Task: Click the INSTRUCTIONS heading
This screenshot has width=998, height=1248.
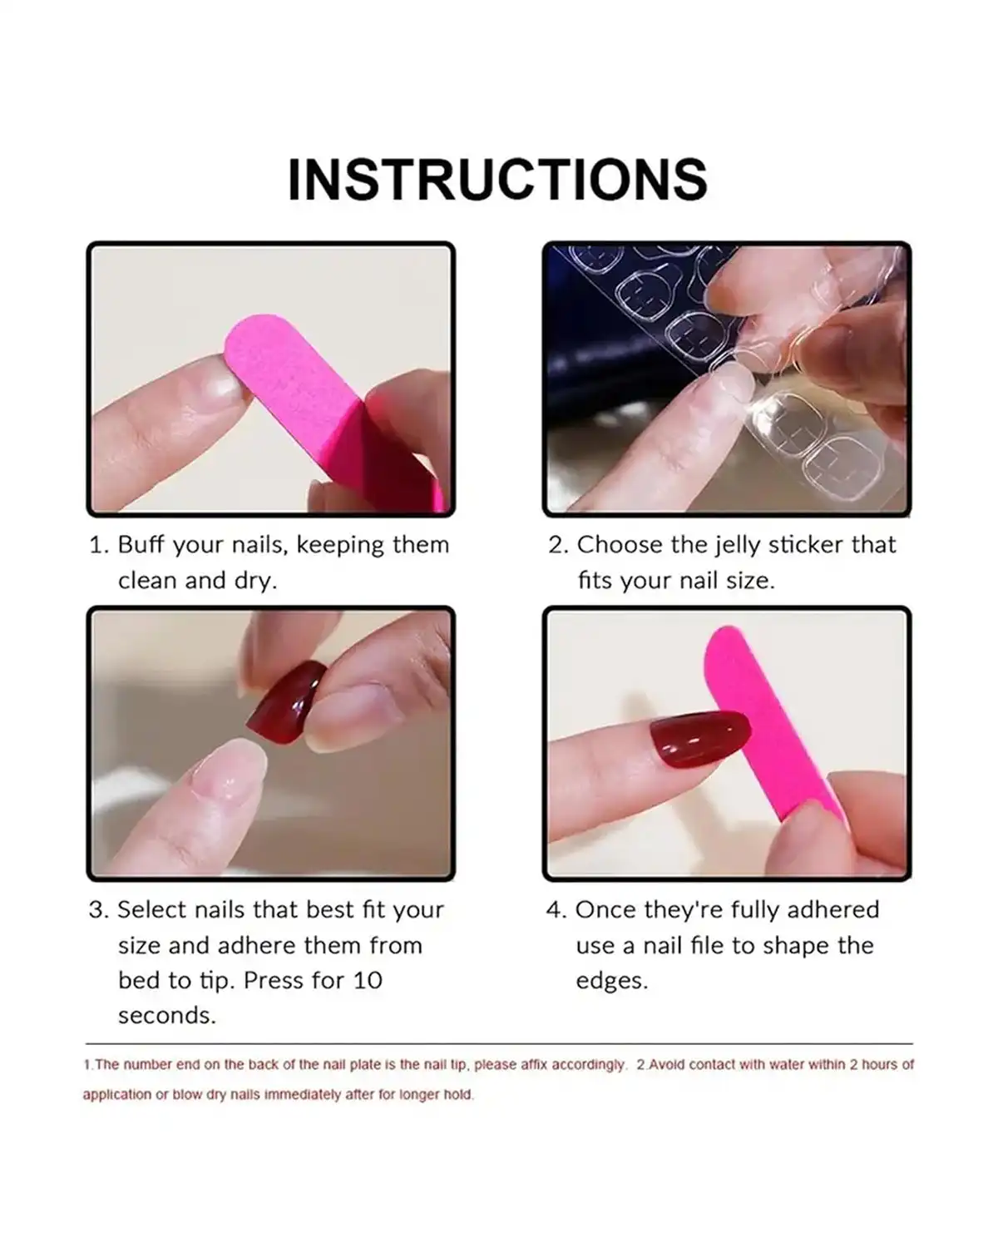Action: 497,180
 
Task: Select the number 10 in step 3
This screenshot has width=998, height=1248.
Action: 367,980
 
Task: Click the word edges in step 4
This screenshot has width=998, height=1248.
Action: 611,981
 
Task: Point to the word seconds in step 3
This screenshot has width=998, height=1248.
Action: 166,1016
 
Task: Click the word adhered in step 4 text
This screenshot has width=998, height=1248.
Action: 832,909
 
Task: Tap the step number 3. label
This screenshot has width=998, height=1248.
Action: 99,909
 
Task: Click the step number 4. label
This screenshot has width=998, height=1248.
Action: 556,909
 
